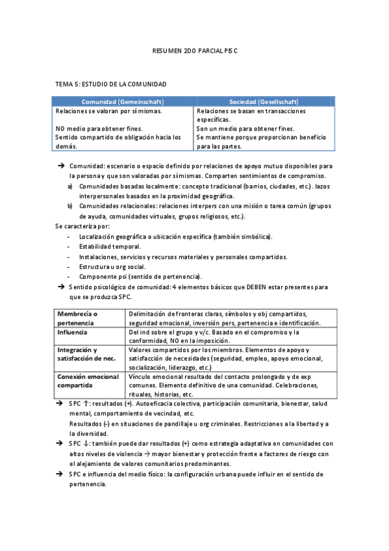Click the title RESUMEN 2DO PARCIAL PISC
click(x=195, y=50)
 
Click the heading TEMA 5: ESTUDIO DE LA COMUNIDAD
click(x=111, y=84)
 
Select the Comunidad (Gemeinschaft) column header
click(x=123, y=102)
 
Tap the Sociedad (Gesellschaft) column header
click(x=264, y=102)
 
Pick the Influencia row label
click(x=72, y=332)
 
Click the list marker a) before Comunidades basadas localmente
click(x=70, y=187)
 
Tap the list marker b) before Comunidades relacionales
click(x=70, y=206)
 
